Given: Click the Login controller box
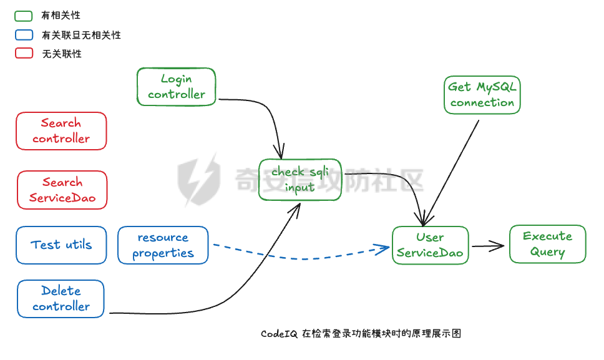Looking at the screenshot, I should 176,87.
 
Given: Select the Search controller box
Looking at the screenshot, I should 61,131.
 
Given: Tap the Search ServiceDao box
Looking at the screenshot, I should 62,190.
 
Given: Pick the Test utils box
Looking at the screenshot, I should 61,245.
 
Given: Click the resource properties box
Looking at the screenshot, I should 163,245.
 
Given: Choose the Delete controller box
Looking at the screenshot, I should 61,299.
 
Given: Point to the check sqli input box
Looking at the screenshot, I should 300,180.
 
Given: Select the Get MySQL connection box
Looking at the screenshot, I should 482,95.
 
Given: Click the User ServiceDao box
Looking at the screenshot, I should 430,245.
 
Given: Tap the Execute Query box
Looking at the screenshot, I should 547,244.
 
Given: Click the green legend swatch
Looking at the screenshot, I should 24,16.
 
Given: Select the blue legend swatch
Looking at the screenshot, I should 24,35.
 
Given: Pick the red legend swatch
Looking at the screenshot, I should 24,54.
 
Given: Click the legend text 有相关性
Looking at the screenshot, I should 61,16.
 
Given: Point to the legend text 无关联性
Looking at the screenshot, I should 62,54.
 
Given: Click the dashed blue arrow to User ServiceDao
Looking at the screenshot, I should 300,257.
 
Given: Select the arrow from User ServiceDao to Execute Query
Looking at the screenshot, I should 487,246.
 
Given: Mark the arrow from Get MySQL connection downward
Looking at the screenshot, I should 452,168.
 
